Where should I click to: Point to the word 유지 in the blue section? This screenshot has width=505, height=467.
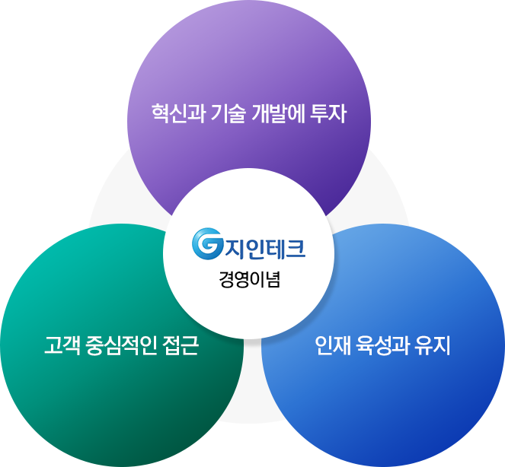(x=435, y=347)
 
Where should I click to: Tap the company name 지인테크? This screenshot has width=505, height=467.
(x=262, y=246)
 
